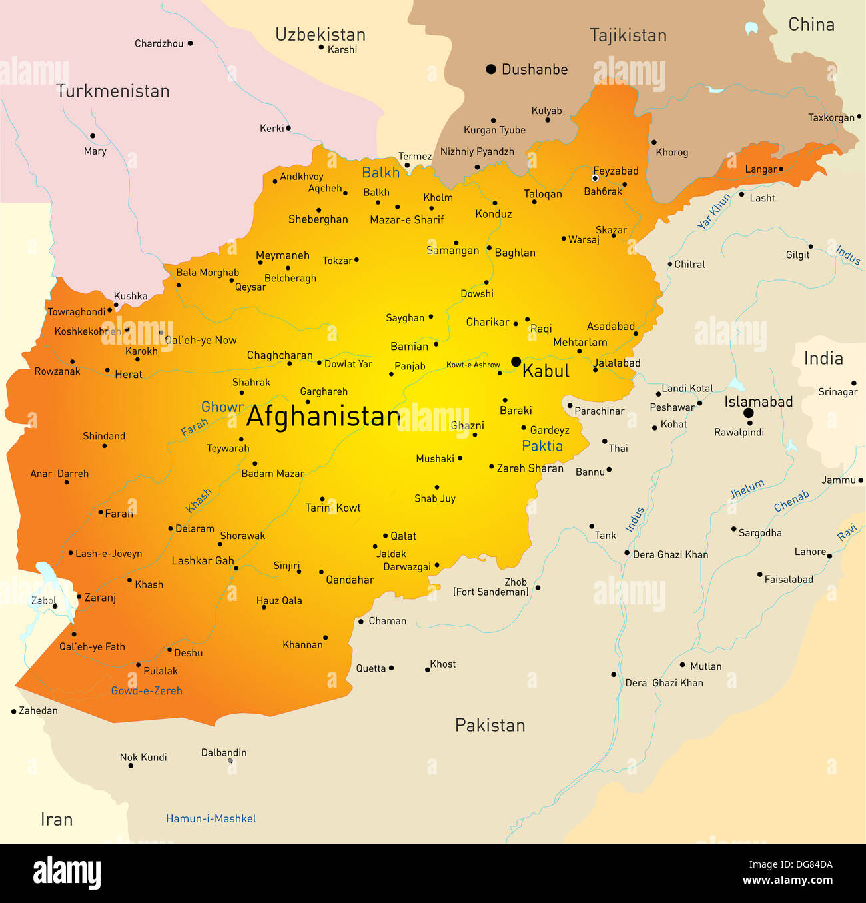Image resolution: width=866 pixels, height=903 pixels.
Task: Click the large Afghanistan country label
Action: pos(323,417)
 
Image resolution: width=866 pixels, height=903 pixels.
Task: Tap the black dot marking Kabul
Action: pos(516,362)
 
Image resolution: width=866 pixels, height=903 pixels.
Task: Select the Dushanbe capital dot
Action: pos(491,69)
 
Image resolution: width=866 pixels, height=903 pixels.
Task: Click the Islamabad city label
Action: pos(758,401)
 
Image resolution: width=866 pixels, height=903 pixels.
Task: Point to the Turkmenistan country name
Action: pos(113,91)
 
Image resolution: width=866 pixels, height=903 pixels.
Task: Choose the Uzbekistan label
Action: pos(320,35)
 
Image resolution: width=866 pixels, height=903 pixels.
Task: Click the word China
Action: pos(811,25)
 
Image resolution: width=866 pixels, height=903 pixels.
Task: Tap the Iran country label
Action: pos(57,819)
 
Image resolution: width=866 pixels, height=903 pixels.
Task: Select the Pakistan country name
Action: pos(490,725)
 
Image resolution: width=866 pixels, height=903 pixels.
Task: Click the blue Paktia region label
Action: pos(542,446)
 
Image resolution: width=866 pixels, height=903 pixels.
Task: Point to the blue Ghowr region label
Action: pos(222,407)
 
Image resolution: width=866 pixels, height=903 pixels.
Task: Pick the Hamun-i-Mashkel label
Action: pos(211,818)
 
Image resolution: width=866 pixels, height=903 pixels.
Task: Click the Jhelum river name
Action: pos(747,489)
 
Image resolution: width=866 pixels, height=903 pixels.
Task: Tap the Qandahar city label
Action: pos(350,580)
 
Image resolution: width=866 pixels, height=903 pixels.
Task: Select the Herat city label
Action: pos(128,375)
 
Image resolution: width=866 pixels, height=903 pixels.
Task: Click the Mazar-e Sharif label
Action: pos(406,220)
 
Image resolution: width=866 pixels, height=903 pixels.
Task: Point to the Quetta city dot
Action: pos(391,668)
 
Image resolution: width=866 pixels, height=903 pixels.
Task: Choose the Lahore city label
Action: pos(810,552)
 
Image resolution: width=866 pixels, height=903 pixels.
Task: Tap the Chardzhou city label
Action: pos(159,43)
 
